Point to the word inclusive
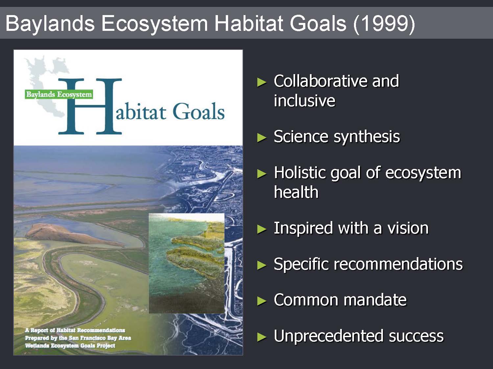304,100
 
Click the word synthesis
367,137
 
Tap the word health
296,192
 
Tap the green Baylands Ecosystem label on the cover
59,94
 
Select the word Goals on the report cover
199,111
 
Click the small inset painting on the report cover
187,263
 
